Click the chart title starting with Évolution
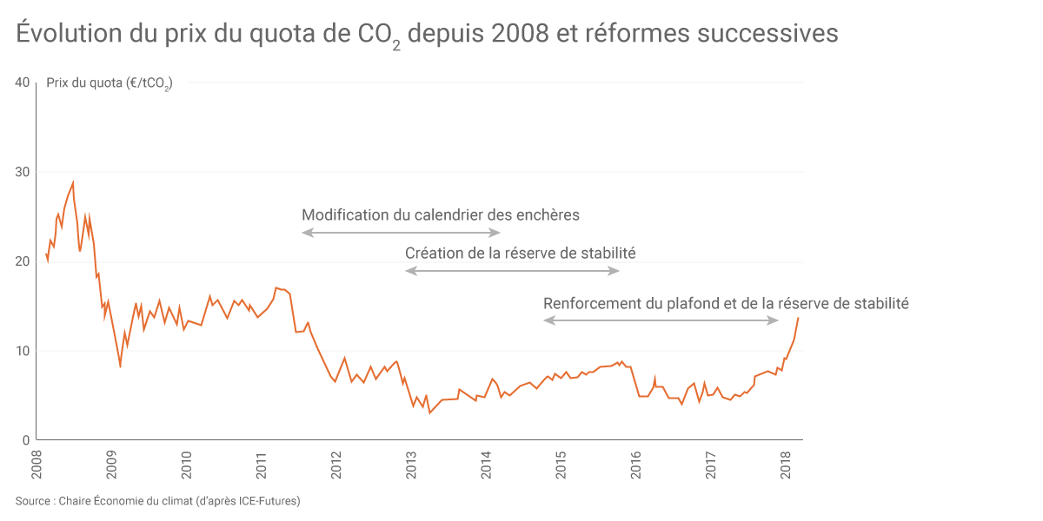(x=427, y=34)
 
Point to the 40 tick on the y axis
(x=23, y=82)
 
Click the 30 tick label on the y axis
(x=23, y=172)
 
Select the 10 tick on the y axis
(x=23, y=351)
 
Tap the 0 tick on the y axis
(x=26, y=440)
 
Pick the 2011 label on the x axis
(x=261, y=465)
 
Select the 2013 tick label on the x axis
(x=411, y=465)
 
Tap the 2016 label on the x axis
(x=635, y=465)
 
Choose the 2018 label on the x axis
(x=785, y=465)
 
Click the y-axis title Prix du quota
(x=109, y=84)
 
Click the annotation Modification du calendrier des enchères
(x=440, y=214)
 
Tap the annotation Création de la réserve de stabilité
(x=520, y=254)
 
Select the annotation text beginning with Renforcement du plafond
(x=726, y=303)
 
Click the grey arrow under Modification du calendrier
(x=401, y=233)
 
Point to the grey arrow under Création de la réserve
(x=512, y=271)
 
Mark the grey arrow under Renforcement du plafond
(x=661, y=320)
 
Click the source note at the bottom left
(x=157, y=501)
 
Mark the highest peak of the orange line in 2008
(x=73, y=181)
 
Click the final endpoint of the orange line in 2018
(x=798, y=318)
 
